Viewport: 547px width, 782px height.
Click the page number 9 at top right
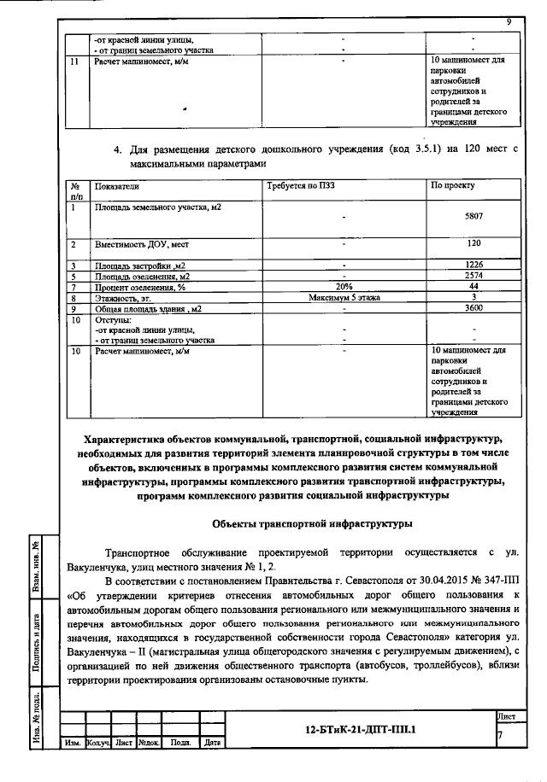coord(508,22)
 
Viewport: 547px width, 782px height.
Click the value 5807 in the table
coord(473,217)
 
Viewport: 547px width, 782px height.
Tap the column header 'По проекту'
coord(453,184)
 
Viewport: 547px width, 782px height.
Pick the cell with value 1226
coord(473,266)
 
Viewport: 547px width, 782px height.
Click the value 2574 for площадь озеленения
coord(473,276)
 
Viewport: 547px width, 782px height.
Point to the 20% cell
coord(344,286)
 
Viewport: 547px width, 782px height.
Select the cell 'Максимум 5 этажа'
coord(344,297)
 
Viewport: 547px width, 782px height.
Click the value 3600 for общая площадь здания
coord(473,307)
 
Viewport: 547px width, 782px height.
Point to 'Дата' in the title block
coord(212,743)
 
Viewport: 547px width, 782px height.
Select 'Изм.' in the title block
coord(72,743)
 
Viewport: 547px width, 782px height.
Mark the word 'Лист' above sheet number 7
coord(505,714)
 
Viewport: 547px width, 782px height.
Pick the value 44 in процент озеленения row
coord(473,286)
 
